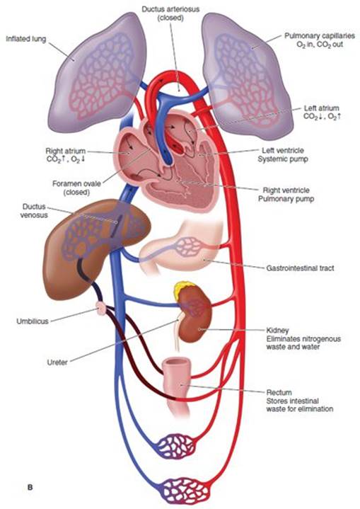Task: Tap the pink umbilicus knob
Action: click(102, 307)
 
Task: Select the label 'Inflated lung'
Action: click(26, 39)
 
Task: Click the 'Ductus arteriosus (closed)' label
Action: click(171, 13)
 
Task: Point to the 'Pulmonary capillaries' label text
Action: click(320, 35)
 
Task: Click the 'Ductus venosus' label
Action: click(34, 211)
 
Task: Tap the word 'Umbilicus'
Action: click(33, 321)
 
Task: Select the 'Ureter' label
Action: click(57, 362)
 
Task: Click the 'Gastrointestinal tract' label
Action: click(300, 268)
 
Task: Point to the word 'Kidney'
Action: click(277, 331)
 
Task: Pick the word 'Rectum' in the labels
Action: click(279, 392)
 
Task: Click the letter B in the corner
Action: click(30, 487)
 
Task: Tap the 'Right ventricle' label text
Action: click(286, 190)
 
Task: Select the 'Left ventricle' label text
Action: click(283, 151)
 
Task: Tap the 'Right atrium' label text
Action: click(65, 151)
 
